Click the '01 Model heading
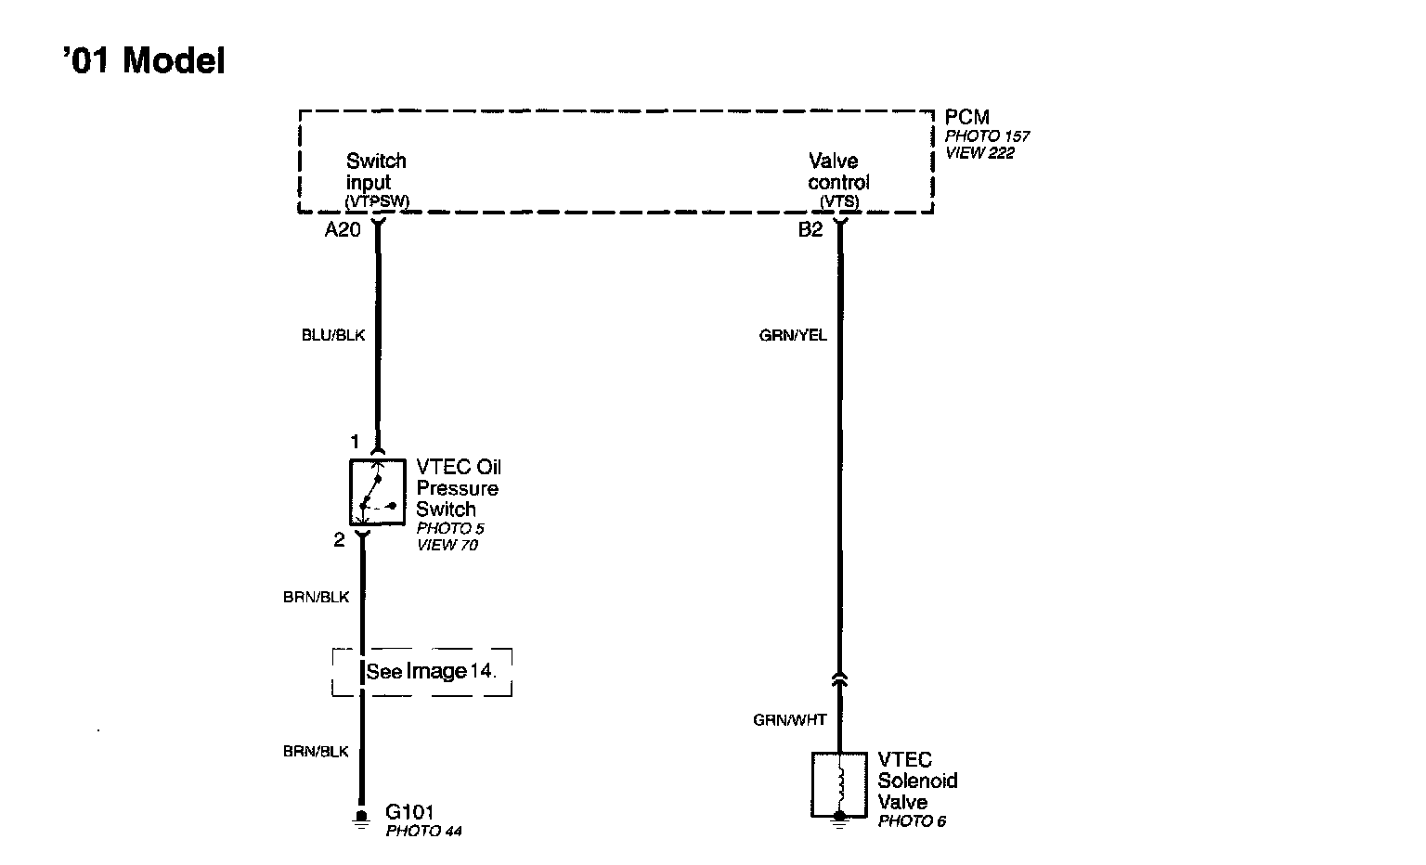pos(144,61)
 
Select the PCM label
pos(966,118)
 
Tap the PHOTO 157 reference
pos(987,136)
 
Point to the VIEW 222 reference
pos(979,153)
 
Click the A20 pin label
pos(342,230)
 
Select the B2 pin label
pos(810,230)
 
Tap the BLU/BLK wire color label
pos(333,335)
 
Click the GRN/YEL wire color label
pos(793,335)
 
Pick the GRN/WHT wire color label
pos(789,719)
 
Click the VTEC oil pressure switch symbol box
pos(377,492)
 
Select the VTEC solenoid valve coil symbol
pos(839,784)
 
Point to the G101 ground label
pos(409,813)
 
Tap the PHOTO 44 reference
pos(423,832)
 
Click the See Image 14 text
pos(431,671)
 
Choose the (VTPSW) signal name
pos(377,201)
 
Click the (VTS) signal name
pos(839,201)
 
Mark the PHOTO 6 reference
pos(912,821)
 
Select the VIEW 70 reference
pos(447,546)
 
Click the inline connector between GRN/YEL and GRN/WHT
pos(839,680)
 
